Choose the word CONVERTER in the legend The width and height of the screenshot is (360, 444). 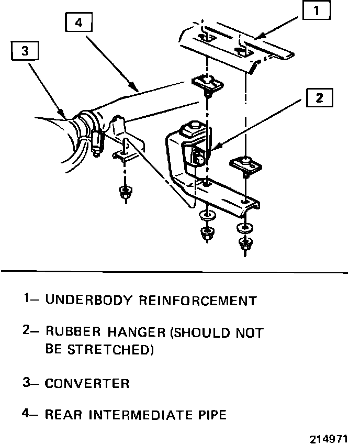click(87, 383)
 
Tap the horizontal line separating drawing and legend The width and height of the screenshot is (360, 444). click(175, 272)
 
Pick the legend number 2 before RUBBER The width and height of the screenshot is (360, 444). click(26, 331)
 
